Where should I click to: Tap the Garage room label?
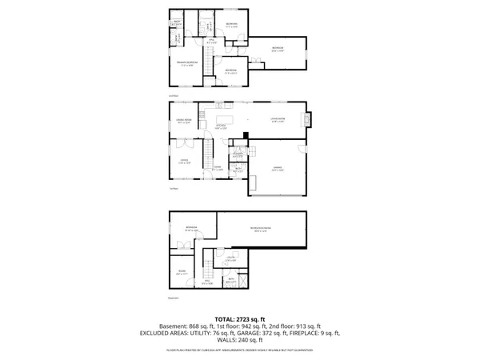coord(276,170)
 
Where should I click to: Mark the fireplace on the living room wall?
coord(305,120)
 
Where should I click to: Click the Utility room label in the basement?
coord(230,258)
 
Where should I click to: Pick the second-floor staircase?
coord(206,60)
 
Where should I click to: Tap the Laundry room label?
coord(238,154)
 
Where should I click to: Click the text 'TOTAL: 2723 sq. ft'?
coord(239,319)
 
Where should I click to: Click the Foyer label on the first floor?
coord(217,168)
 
